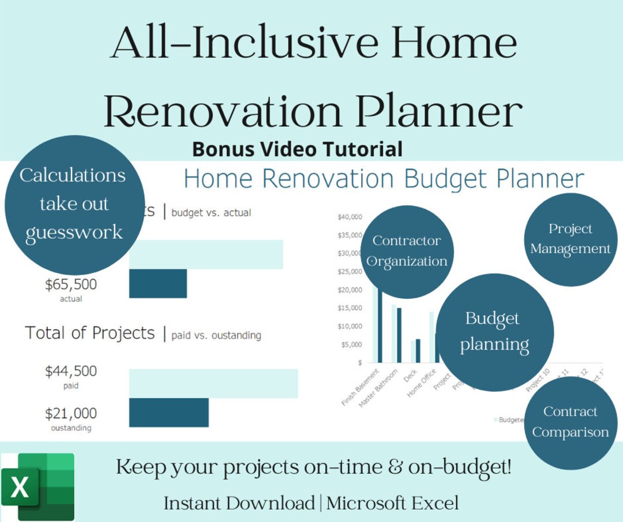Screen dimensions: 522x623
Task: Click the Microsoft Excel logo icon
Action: (38, 487)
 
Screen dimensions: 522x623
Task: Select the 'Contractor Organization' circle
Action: (407, 251)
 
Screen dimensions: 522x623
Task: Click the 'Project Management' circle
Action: (570, 239)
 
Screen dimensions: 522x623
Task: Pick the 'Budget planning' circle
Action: (494, 332)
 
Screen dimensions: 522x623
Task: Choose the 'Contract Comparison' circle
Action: (570, 422)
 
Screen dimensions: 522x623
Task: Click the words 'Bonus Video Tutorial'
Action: (297, 149)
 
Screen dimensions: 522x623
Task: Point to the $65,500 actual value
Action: (71, 285)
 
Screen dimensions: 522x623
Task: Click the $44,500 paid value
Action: (71, 371)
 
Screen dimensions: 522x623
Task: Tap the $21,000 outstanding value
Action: (71, 414)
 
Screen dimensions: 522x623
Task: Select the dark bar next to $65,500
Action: (158, 283)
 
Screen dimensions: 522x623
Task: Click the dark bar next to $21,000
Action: (168, 412)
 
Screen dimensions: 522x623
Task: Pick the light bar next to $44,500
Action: (213, 384)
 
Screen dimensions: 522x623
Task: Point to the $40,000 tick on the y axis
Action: (350, 217)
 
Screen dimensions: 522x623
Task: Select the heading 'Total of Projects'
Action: (90, 333)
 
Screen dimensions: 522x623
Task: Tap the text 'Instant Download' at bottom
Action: (239, 503)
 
